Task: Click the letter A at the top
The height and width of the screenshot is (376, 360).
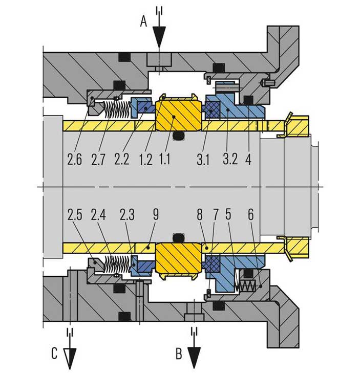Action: click(143, 21)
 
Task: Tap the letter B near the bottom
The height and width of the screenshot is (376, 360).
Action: click(179, 353)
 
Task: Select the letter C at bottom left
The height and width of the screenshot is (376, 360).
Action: click(54, 353)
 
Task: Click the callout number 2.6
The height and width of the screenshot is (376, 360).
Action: click(74, 159)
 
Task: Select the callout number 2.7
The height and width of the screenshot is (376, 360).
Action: click(98, 160)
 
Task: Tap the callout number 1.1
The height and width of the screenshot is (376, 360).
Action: click(165, 159)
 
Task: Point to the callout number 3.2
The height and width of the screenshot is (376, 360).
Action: click(230, 159)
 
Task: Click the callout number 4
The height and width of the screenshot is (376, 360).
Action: click(248, 159)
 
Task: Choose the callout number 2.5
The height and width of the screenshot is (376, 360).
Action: click(75, 215)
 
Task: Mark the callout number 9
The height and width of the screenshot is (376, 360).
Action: click(156, 214)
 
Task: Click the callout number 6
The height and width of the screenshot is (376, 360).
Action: click(250, 215)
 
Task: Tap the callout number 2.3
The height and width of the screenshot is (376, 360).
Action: click(127, 215)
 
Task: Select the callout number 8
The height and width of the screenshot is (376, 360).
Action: click(200, 215)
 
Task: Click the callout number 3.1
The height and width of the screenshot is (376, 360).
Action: click(203, 160)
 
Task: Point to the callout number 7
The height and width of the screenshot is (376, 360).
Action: click(216, 215)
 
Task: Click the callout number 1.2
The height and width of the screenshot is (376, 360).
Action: click(145, 160)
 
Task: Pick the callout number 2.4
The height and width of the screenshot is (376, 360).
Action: click(98, 215)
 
